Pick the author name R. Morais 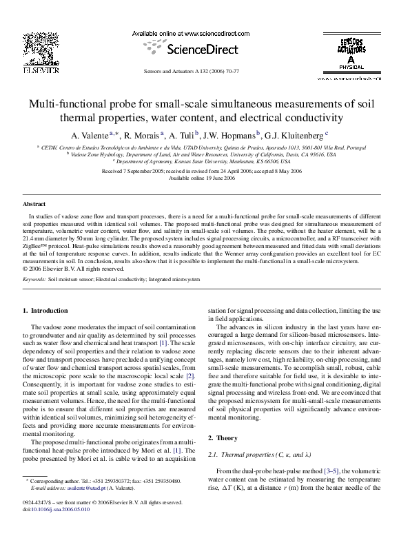click(141, 134)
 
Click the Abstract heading click(34, 205)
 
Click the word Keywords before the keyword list click(34, 280)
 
